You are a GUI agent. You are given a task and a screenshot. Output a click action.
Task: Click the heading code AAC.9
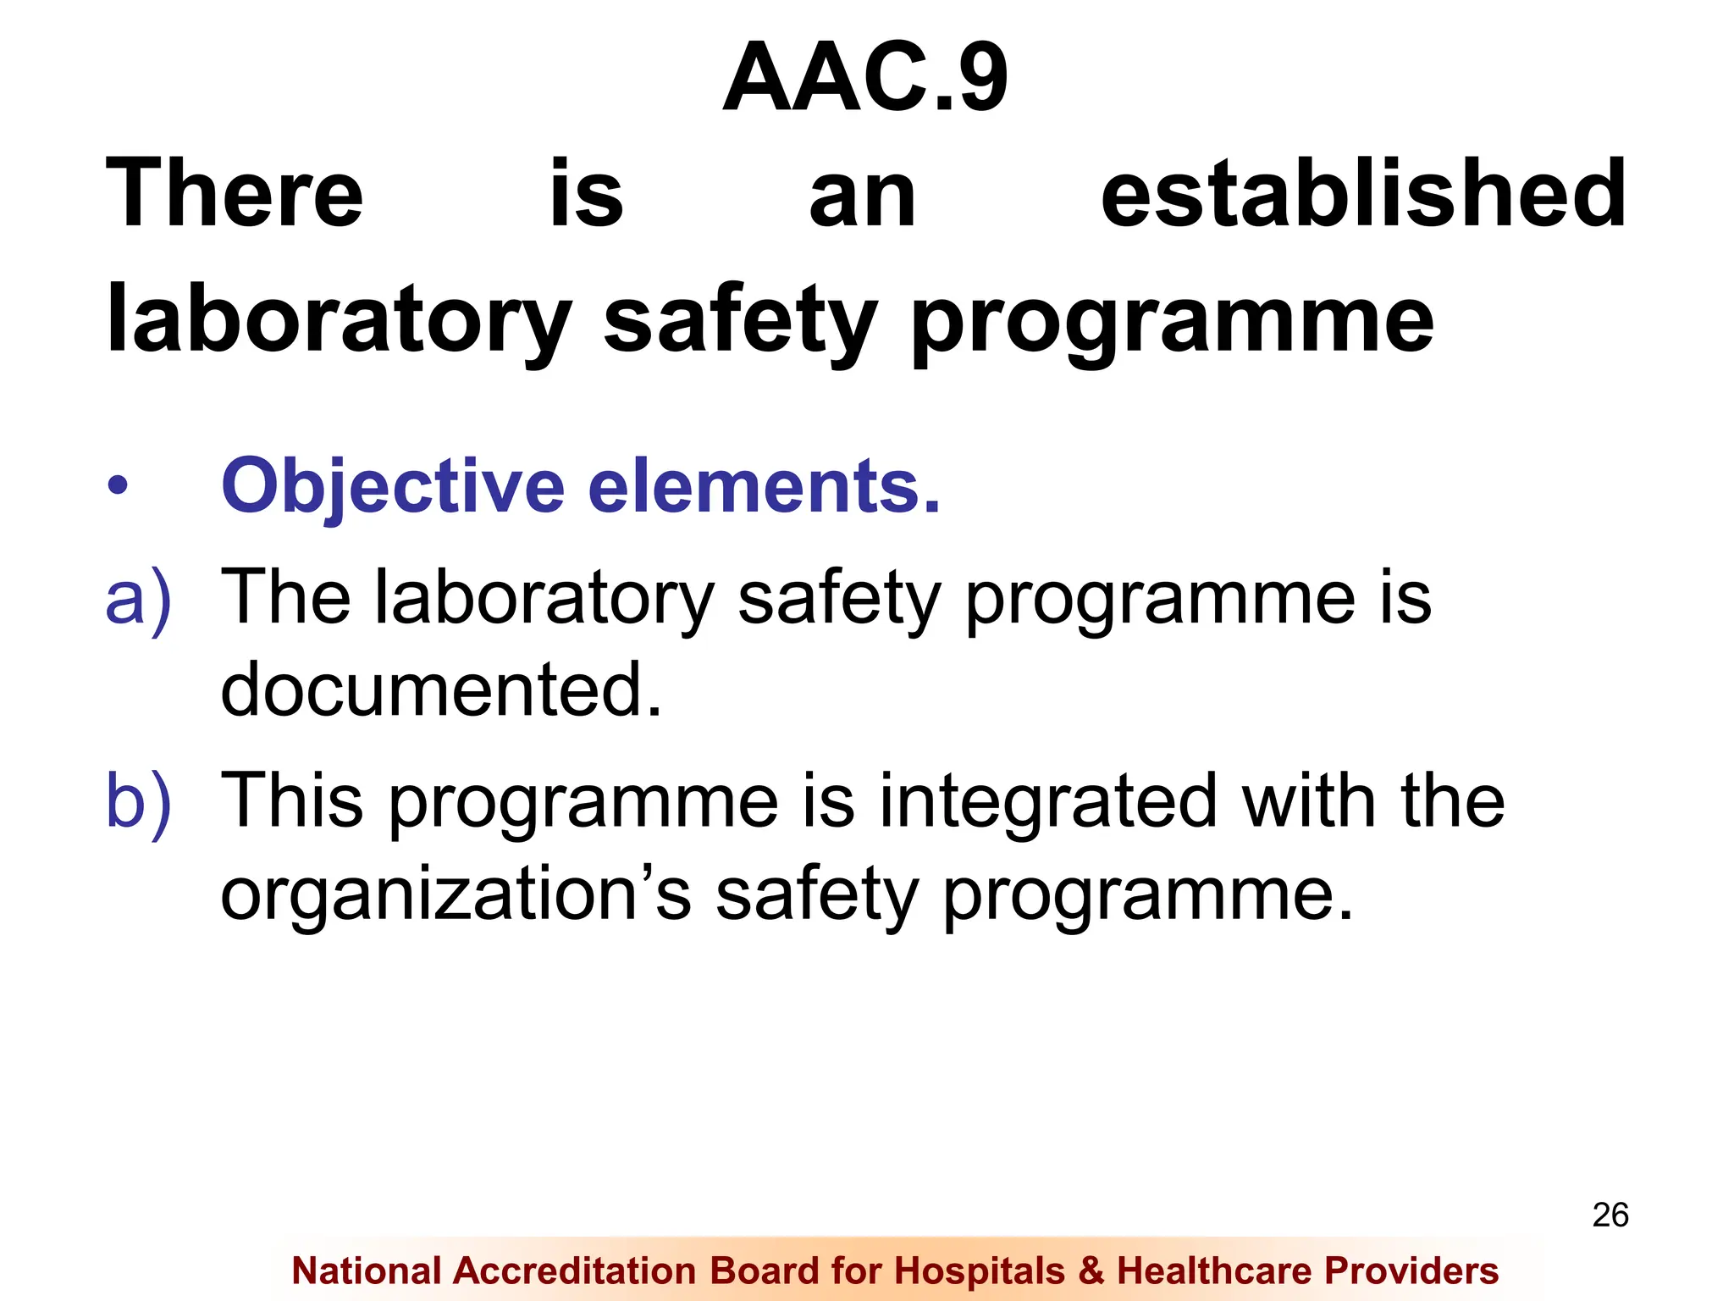(x=865, y=78)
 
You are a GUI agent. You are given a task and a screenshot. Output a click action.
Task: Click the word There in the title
(x=235, y=194)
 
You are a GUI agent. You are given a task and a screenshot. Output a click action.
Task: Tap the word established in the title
(x=1363, y=194)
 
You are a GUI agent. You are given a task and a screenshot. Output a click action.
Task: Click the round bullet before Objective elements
(x=118, y=486)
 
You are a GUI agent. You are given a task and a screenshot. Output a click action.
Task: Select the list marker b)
(x=138, y=800)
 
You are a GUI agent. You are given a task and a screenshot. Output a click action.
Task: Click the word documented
(x=440, y=689)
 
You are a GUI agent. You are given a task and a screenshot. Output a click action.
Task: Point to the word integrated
(x=1047, y=800)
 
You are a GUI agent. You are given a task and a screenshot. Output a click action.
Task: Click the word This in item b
(x=292, y=800)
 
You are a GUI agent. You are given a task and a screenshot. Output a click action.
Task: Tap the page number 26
(x=1610, y=1215)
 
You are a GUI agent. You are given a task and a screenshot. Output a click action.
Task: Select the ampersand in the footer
(x=1091, y=1271)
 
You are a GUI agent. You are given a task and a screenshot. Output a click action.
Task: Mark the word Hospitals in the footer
(x=980, y=1271)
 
